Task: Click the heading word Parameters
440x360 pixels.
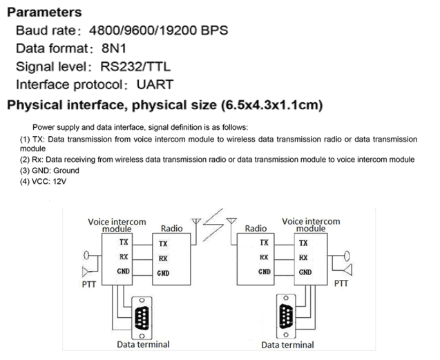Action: pyautogui.click(x=44, y=12)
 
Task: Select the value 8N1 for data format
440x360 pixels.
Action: pyautogui.click(x=114, y=48)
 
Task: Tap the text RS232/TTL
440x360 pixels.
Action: pyautogui.click(x=135, y=66)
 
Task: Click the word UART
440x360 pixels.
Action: pyautogui.click(x=155, y=84)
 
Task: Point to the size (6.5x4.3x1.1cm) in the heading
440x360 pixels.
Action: pyautogui.click(x=272, y=105)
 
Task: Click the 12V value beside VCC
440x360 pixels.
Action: pyautogui.click(x=59, y=182)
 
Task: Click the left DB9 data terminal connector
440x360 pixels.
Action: pyautogui.click(x=142, y=318)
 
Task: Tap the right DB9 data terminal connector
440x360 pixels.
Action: pyautogui.click(x=286, y=316)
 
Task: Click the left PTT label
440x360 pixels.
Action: pyautogui.click(x=89, y=285)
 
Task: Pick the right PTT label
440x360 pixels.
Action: pyautogui.click(x=341, y=283)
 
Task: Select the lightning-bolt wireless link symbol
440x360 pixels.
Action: pyautogui.click(x=213, y=225)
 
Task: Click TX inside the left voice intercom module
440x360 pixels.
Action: pyautogui.click(x=124, y=242)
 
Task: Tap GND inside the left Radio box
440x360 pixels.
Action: pyautogui.click(x=163, y=273)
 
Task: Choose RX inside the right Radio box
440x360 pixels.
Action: pyautogui.click(x=264, y=257)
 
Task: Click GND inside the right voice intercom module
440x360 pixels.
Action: pyautogui.click(x=305, y=272)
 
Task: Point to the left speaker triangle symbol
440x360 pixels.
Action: pyautogui.click(x=86, y=272)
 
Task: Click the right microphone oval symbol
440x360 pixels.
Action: pyautogui.click(x=347, y=256)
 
